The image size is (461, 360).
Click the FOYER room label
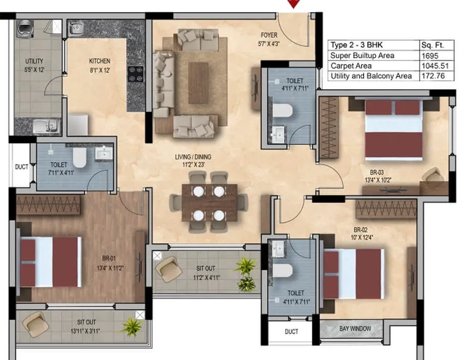(269, 35)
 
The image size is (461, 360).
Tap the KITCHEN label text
(100, 61)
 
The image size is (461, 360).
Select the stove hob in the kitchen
(136, 74)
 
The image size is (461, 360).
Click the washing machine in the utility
(25, 29)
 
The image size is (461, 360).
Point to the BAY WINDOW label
(355, 329)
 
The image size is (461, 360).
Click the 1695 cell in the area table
(430, 56)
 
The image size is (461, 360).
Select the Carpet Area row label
(351, 66)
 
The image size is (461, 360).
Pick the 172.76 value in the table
(433, 76)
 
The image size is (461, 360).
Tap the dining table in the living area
(209, 203)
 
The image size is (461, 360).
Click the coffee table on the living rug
(198, 83)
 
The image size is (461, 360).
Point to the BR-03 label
(377, 173)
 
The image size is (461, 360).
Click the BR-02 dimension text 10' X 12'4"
(361, 238)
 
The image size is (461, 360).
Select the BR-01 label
(109, 258)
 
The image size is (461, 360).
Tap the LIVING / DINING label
(193, 157)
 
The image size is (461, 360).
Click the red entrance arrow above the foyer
(294, 4)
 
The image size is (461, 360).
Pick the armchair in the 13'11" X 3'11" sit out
(36, 325)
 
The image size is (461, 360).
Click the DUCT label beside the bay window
(291, 332)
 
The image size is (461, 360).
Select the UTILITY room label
(34, 61)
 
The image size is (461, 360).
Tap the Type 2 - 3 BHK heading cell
(357, 45)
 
